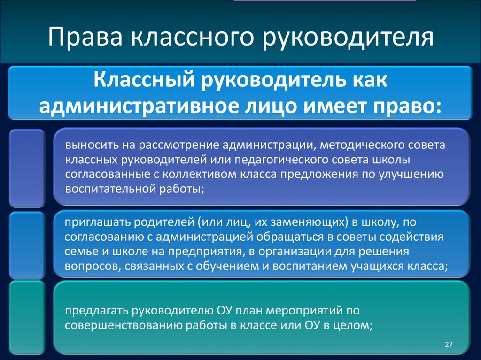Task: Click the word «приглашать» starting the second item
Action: [93, 222]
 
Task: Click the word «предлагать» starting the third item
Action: [97, 311]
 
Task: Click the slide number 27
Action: [448, 345]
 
